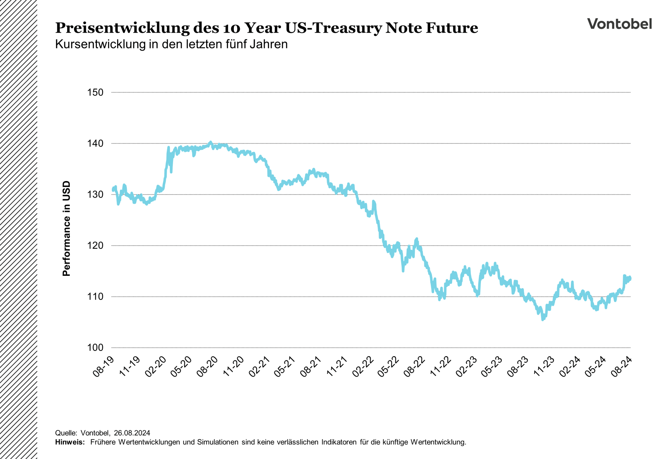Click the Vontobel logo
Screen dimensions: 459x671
coord(619,24)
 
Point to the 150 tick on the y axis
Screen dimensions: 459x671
coord(95,92)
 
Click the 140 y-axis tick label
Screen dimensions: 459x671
coord(95,143)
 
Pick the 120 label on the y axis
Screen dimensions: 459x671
coord(95,245)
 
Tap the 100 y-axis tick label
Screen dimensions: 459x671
coord(95,347)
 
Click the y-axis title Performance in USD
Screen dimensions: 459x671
coord(66,229)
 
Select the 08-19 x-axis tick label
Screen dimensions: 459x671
coord(103,367)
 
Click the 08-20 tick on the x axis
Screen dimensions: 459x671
coord(207,367)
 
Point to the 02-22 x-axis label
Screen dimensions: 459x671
coord(363,367)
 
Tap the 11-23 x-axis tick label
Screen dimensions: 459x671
coord(544,367)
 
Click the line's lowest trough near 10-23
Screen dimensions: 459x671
coord(543,319)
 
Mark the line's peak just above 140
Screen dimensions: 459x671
coord(210,142)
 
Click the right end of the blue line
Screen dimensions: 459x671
coord(630,279)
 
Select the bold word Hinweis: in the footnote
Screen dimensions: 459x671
coord(70,442)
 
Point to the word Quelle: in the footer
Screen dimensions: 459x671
coord(66,433)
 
